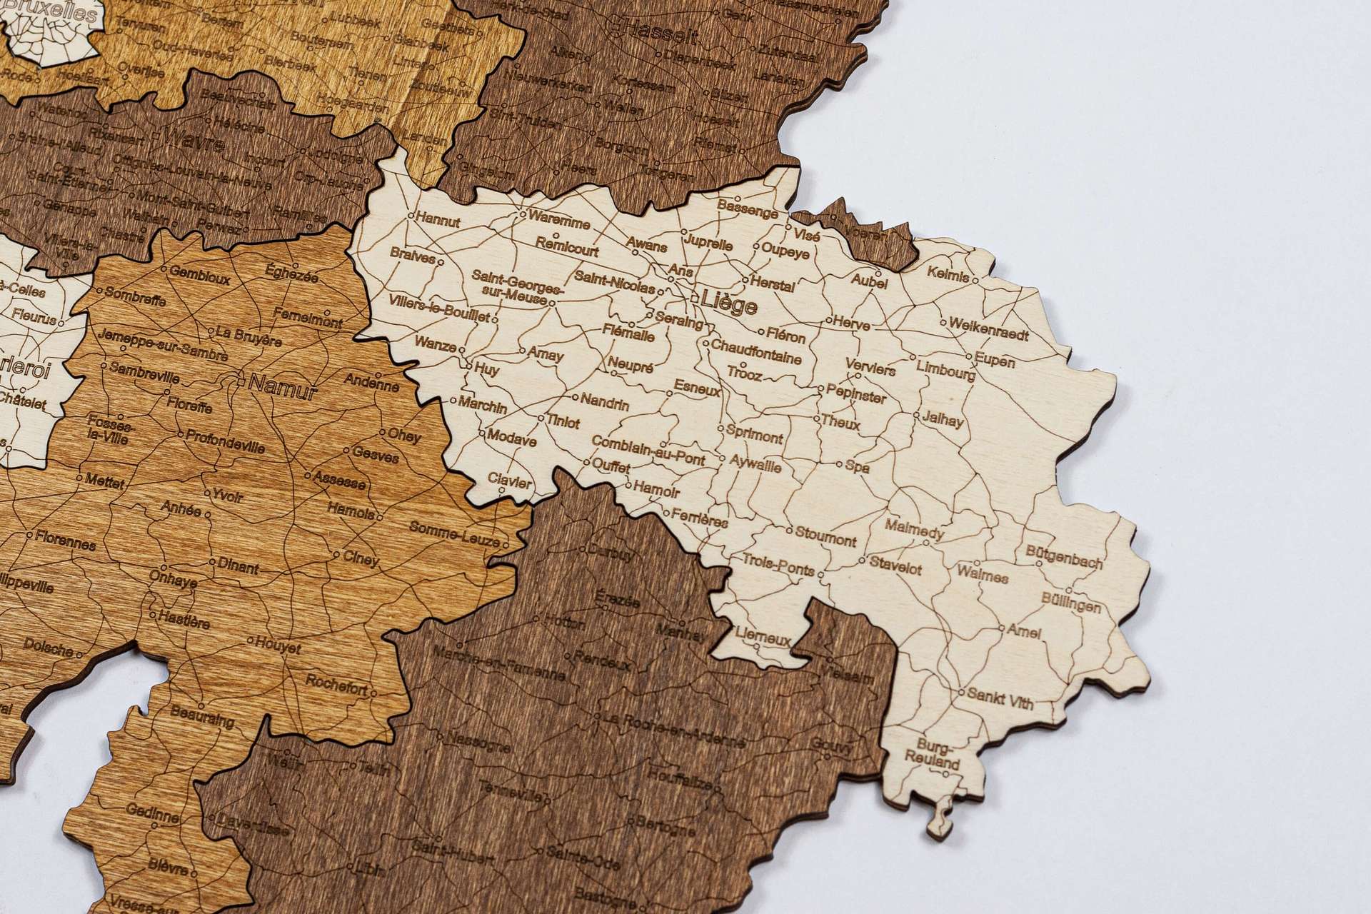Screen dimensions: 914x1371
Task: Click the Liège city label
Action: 728,303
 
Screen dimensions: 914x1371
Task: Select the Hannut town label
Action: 438,222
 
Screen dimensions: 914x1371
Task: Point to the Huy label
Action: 486,371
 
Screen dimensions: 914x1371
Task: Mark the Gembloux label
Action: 199,276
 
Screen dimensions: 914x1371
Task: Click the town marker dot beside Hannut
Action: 411,214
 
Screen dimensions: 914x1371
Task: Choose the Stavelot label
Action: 895,566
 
